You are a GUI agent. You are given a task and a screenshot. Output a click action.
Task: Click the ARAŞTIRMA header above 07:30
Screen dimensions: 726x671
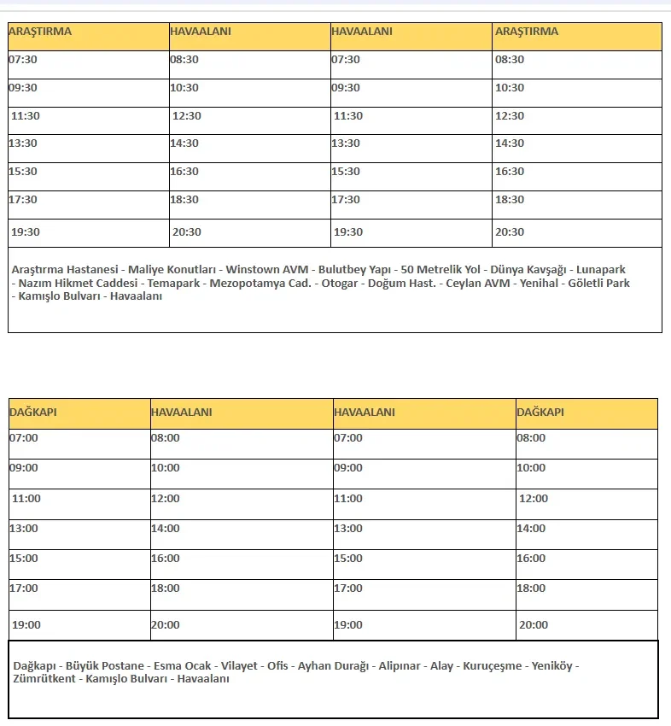[40, 32]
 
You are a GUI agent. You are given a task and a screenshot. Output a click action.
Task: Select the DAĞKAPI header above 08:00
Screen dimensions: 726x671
[540, 412]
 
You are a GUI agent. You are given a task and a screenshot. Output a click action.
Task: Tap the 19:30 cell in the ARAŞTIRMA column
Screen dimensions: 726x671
[26, 231]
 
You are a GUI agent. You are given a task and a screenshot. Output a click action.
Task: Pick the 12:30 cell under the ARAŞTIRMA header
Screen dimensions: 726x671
[510, 115]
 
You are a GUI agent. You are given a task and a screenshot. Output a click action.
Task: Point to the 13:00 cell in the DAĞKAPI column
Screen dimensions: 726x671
[24, 528]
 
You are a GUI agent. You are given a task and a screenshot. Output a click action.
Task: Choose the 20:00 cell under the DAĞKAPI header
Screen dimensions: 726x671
[534, 624]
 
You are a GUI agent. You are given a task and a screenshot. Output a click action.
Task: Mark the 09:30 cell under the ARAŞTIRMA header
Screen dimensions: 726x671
[23, 87]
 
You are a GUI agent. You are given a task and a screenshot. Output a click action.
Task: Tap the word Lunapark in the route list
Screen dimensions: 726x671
[601, 269]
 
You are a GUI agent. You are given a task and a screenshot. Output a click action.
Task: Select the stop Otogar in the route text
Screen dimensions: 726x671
[339, 283]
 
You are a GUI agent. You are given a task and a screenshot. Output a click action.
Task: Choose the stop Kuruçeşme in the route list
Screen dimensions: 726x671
[492, 665]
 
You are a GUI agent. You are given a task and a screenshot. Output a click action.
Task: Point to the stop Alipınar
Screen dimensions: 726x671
[399, 665]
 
